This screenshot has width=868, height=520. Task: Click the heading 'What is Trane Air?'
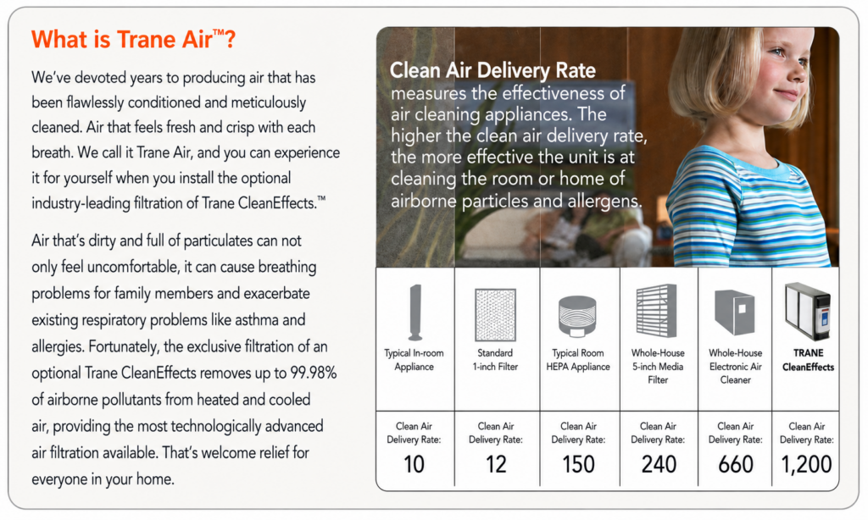point(133,39)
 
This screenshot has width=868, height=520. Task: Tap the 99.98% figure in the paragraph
point(314,373)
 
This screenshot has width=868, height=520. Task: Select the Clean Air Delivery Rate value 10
point(414,464)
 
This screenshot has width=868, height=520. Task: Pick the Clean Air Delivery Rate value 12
point(496,464)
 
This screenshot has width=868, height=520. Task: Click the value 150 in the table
point(578,464)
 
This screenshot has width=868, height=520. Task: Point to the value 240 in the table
point(659,464)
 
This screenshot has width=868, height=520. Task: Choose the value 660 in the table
point(736,464)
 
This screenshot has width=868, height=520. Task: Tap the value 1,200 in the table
point(806,464)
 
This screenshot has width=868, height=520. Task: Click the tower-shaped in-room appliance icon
point(415,312)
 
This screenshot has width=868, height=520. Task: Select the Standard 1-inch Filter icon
point(495,315)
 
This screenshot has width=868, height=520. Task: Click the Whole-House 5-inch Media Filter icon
point(657,311)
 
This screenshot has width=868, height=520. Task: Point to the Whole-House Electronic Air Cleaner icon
point(735,312)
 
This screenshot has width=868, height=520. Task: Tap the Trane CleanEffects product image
point(808,311)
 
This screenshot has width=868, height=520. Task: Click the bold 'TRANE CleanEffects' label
point(808,360)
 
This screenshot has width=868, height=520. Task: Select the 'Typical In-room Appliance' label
point(414,360)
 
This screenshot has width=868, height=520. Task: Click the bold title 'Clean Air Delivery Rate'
point(492,70)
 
